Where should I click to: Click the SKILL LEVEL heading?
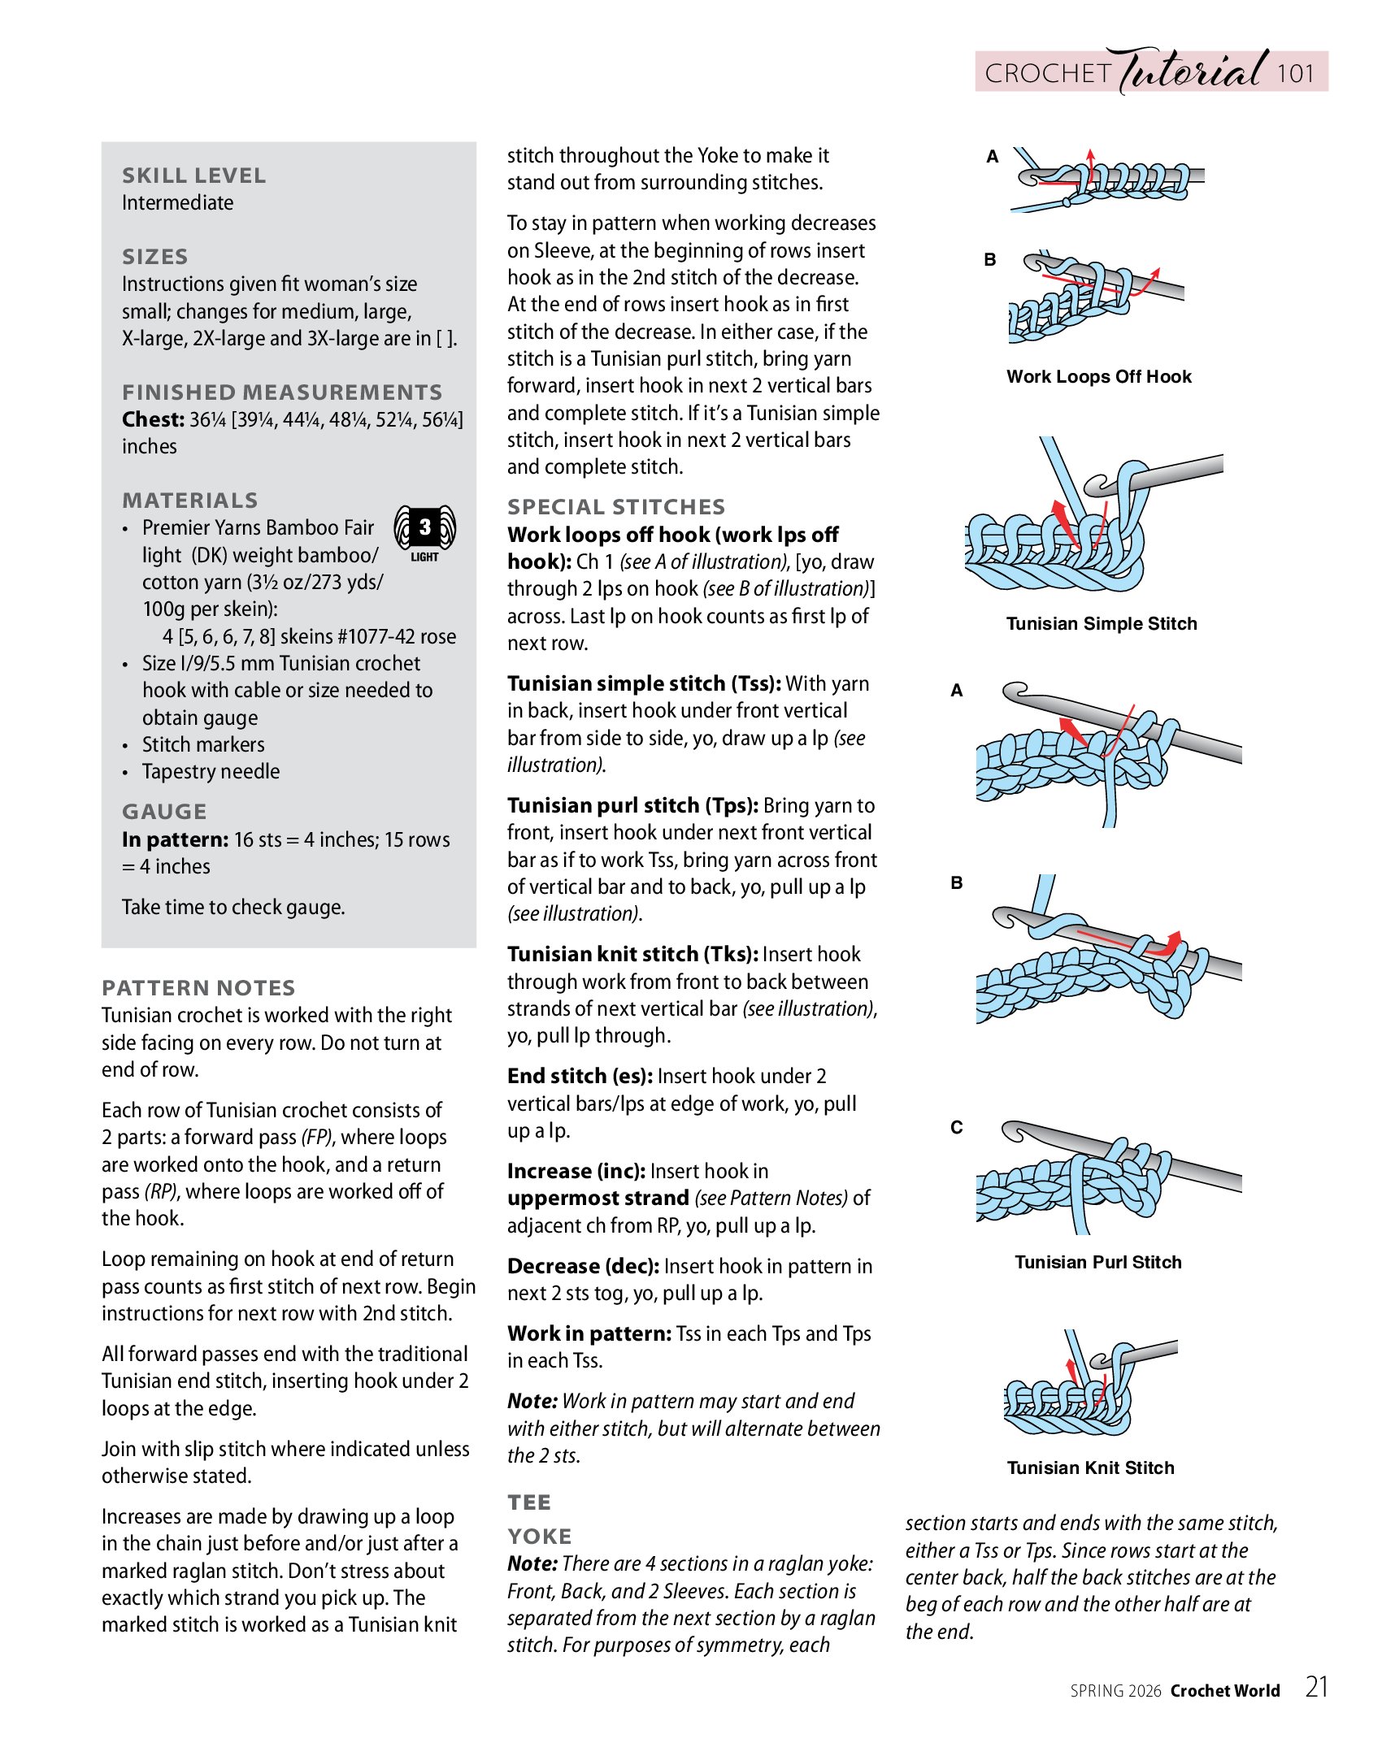[193, 176]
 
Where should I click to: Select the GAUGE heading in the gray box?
[164, 812]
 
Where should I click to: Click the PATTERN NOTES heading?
[198, 988]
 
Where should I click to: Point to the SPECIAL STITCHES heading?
[615, 507]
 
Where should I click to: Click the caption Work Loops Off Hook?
[1098, 377]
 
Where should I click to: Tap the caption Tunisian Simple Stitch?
[1102, 624]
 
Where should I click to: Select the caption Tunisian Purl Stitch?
[1097, 1263]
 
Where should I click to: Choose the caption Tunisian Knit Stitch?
[1090, 1468]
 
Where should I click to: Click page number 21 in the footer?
[1316, 1688]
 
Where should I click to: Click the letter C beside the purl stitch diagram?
[957, 1128]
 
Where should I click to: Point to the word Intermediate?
[177, 203]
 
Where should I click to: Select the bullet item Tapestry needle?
[211, 772]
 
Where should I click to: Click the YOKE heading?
[540, 1537]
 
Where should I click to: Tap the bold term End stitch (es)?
[580, 1077]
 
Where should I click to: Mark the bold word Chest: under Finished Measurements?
[153, 420]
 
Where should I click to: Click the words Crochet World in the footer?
[1225, 1691]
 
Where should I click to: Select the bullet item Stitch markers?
[203, 745]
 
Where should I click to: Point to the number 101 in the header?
[1295, 74]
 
